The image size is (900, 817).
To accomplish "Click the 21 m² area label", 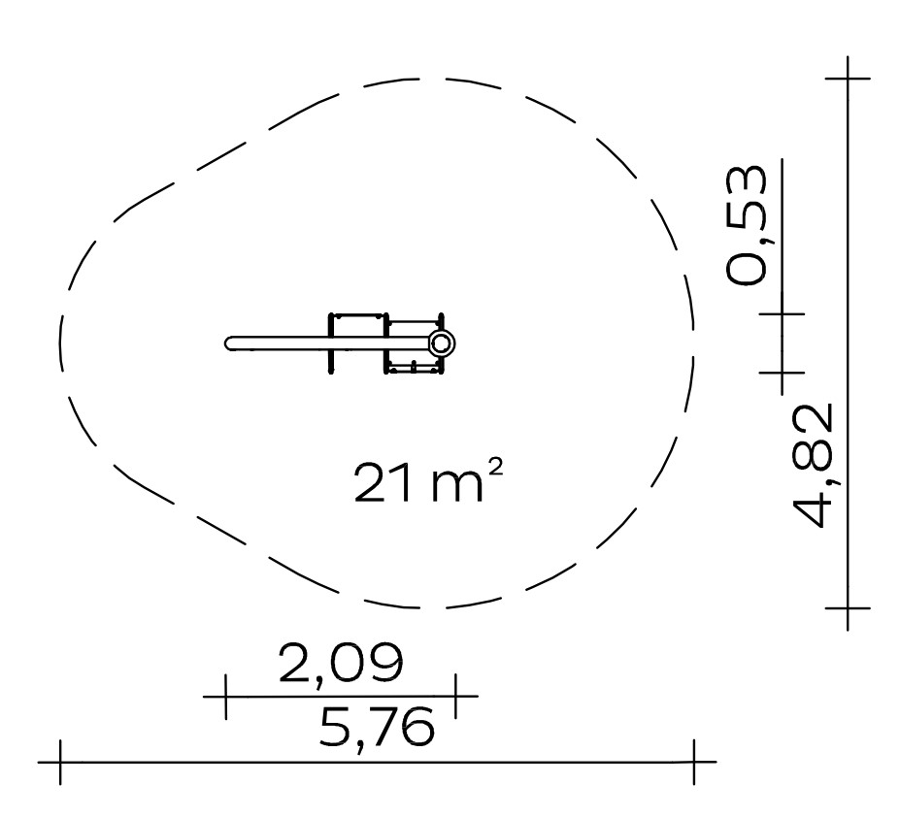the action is pyautogui.click(x=428, y=483).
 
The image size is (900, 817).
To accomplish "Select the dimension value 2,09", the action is pyautogui.click(x=341, y=664).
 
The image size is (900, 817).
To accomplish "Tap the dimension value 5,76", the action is pyautogui.click(x=377, y=727).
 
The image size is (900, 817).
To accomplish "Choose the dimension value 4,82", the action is pyautogui.click(x=813, y=466).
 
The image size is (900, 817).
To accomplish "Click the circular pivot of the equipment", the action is pyautogui.click(x=441, y=343).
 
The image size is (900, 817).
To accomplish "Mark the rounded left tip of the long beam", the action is pyautogui.click(x=228, y=343).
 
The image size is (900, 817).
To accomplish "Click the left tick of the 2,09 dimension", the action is pyautogui.click(x=226, y=697).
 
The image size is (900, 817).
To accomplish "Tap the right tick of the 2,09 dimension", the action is pyautogui.click(x=455, y=697).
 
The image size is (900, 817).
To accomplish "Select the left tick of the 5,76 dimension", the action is pyautogui.click(x=60, y=763).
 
